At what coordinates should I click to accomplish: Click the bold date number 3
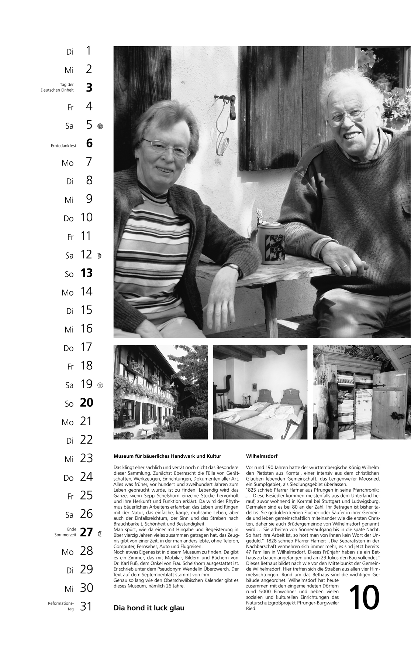89,88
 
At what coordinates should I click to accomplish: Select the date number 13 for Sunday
86,273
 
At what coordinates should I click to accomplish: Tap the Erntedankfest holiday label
63,146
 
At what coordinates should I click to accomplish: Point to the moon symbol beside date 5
100,126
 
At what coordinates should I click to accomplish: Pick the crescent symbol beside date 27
99,533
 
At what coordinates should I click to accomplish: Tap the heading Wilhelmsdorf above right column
262,456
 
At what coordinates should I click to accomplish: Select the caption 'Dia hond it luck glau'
149,608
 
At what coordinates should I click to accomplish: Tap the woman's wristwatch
234,267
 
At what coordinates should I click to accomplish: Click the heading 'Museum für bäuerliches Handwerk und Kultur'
167,456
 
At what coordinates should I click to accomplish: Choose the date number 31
86,606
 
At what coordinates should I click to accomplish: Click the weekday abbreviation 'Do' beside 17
69,348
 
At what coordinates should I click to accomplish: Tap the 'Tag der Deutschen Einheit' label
57,87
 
